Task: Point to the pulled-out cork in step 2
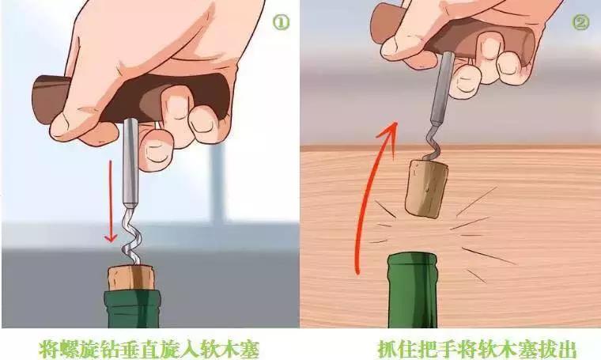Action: pos(425,187)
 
